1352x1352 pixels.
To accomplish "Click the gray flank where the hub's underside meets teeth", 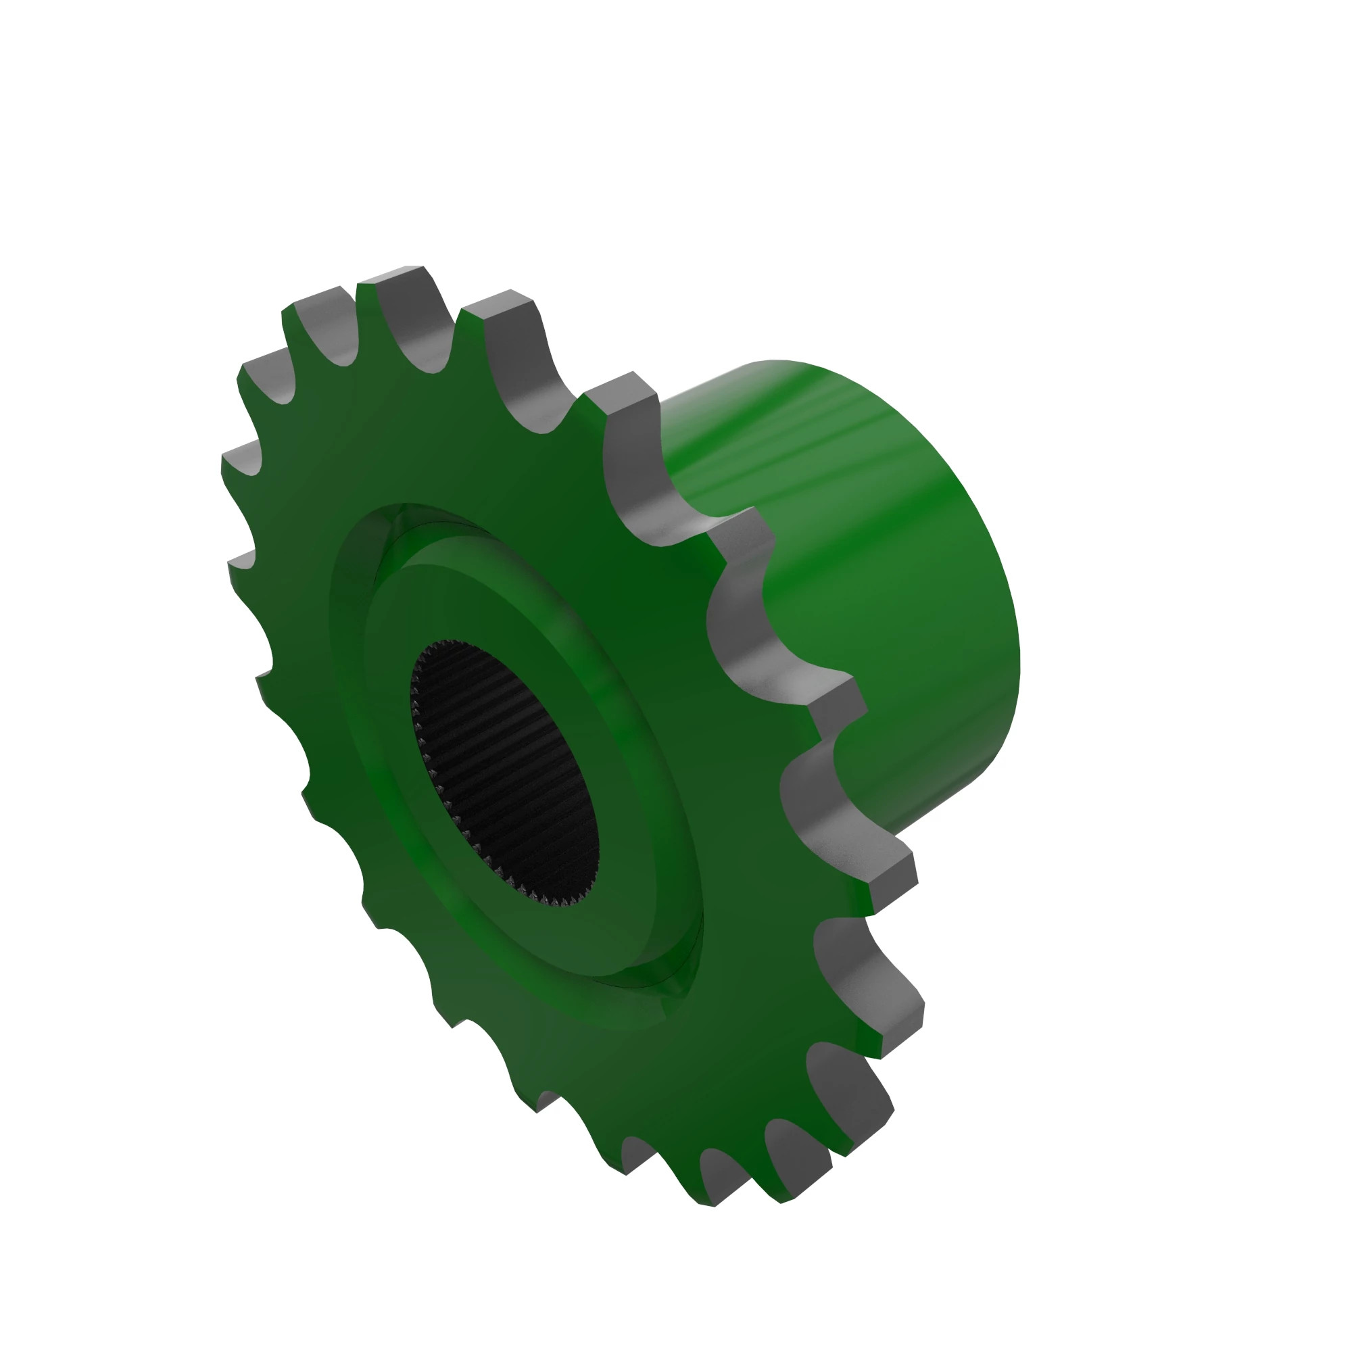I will [812, 812].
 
